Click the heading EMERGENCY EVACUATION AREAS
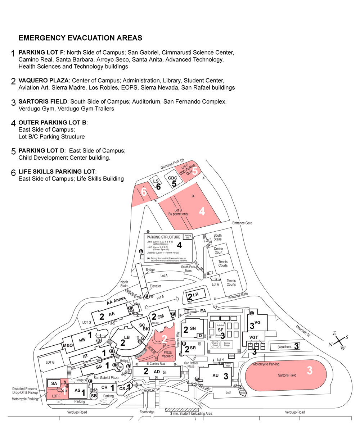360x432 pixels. pyautogui.click(x=80, y=38)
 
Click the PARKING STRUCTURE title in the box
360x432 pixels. pyautogui.click(x=163, y=237)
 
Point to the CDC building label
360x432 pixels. pyautogui.click(x=173, y=178)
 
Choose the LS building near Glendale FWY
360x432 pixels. pyautogui.click(x=156, y=181)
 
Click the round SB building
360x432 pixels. pyautogui.click(x=94, y=396)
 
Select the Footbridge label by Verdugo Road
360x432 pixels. pyautogui.click(x=147, y=412)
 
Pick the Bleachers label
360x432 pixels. pyautogui.click(x=284, y=347)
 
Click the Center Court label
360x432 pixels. pyautogui.click(x=219, y=250)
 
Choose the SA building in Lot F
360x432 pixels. pyautogui.click(x=54, y=383)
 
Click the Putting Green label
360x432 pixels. pyautogui.click(x=216, y=344)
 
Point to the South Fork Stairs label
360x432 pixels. pyautogui.click(x=188, y=269)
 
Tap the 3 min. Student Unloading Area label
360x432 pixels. pyautogui.click(x=191, y=413)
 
